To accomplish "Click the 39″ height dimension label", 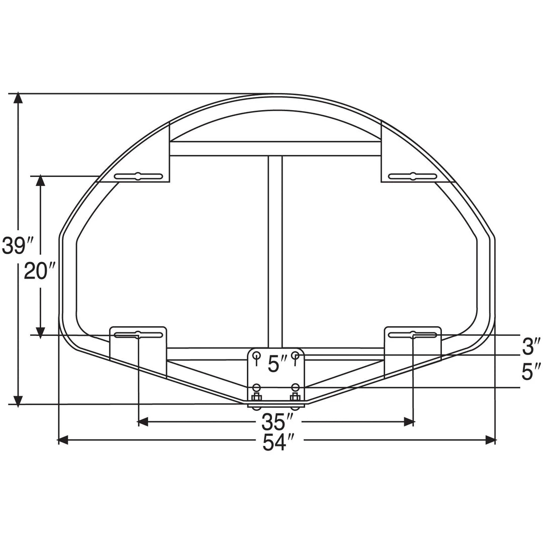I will [x=17, y=246].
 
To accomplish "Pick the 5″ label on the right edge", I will [x=531, y=372].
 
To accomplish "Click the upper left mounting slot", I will [x=138, y=176].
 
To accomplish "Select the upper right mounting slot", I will [x=413, y=176].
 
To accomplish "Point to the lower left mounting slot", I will [x=138, y=335].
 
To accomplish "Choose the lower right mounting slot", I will [x=413, y=335].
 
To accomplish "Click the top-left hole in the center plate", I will [x=257, y=355].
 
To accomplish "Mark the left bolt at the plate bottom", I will [x=257, y=397].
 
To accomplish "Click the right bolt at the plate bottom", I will [x=295, y=397].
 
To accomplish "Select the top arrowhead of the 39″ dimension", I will [x=19, y=99].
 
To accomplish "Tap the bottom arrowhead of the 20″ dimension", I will [x=41, y=332].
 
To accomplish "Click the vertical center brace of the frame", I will [x=275, y=251].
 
